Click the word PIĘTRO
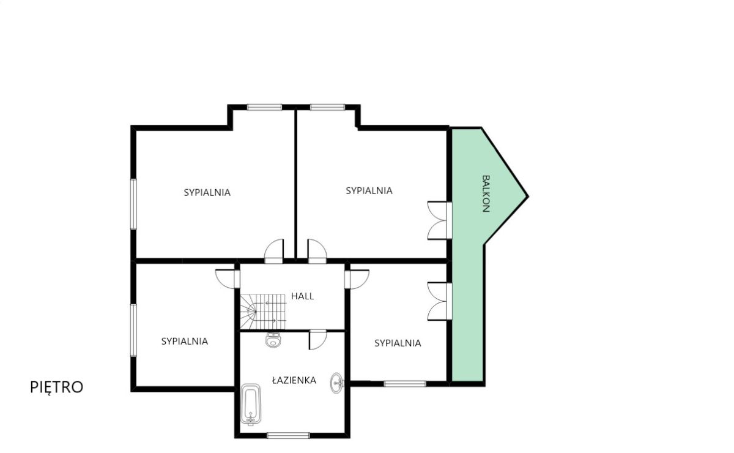coord(57,387)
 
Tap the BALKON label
coord(486,193)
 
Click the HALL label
coord(302,296)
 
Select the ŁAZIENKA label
coord(294,380)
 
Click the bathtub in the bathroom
coord(251,405)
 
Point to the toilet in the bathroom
coord(273,340)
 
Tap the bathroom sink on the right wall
coord(337,383)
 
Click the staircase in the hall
coord(263,312)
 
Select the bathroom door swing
coord(318,340)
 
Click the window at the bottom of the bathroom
coord(288,436)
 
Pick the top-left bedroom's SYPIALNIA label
coord(207,193)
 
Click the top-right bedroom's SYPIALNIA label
coord(369,190)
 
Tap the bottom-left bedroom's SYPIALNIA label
coord(185,341)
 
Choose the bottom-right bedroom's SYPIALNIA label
coord(398,343)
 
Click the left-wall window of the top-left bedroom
coord(133,204)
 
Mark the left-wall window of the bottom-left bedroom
coord(133,331)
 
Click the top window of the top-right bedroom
coord(327,107)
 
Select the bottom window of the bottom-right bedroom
coord(405,384)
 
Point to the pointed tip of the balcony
coord(528,197)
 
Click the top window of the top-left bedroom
coord(264,107)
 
